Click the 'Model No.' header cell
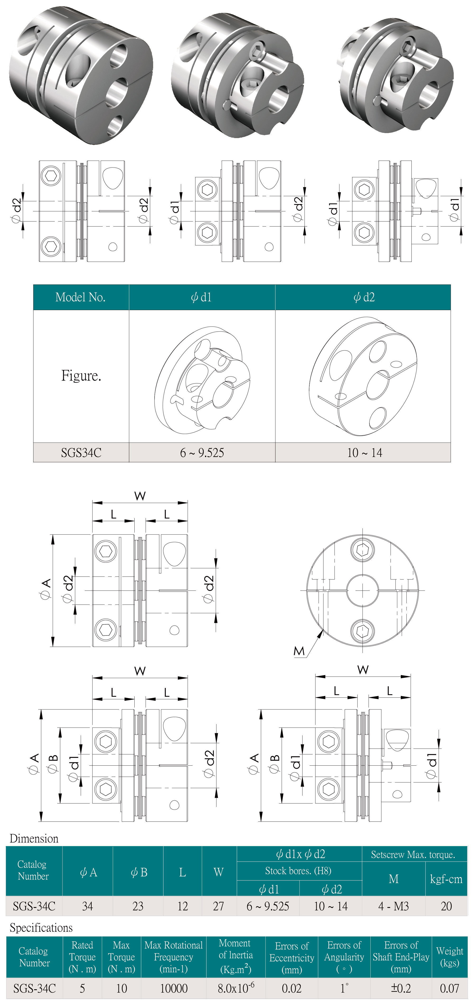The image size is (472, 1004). (81, 297)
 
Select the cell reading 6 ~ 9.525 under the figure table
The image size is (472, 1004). (202, 452)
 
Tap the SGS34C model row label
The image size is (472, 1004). (81, 452)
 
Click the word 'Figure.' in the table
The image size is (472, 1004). (81, 376)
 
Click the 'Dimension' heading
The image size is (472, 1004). (34, 838)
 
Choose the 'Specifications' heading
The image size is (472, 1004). (41, 928)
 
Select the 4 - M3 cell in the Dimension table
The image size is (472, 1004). (393, 906)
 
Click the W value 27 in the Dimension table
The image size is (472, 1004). (218, 906)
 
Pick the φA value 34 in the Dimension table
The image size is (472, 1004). (88, 906)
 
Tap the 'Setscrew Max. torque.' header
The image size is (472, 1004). (413, 855)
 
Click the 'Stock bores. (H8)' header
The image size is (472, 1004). (298, 871)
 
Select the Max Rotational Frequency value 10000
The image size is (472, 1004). (174, 988)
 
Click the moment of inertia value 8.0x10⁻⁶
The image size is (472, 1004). (236, 988)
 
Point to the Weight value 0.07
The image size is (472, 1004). (449, 988)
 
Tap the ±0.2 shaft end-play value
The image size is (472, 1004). (401, 988)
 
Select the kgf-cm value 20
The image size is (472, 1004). (446, 906)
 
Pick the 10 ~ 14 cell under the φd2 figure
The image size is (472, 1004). (364, 452)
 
